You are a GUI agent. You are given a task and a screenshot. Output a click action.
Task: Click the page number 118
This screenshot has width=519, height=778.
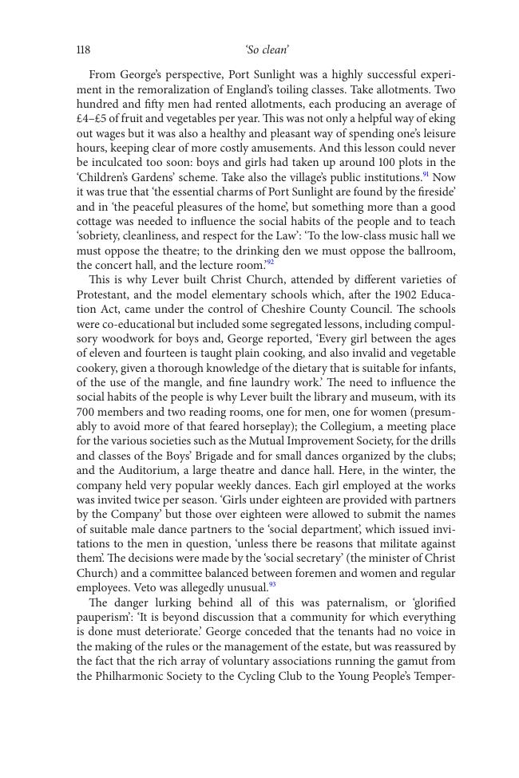pyautogui.click(x=83, y=50)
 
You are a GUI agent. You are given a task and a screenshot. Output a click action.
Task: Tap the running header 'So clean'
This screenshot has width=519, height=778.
pyautogui.click(x=267, y=50)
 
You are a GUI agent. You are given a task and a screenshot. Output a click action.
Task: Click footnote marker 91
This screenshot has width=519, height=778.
pyautogui.click(x=426, y=175)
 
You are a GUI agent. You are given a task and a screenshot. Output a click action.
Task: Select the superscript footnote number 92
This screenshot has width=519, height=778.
pyautogui.click(x=270, y=263)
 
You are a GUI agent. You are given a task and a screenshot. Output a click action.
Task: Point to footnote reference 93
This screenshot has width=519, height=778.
pyautogui.click(x=272, y=585)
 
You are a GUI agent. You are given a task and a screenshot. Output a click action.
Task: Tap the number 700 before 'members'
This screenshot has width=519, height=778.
pyautogui.click(x=86, y=412)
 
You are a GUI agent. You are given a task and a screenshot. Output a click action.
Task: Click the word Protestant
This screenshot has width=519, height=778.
pyautogui.click(x=103, y=294)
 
